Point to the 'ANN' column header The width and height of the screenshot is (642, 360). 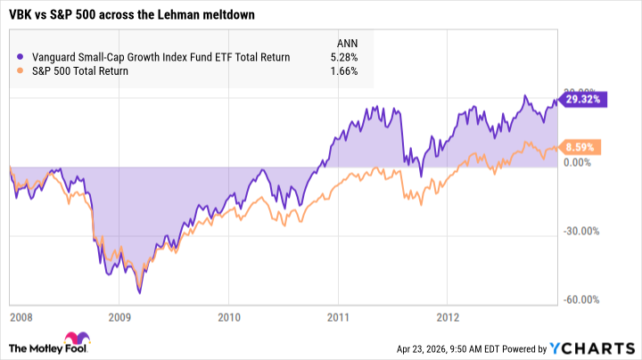pyautogui.click(x=345, y=42)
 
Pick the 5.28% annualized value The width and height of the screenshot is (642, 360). pyautogui.click(x=343, y=58)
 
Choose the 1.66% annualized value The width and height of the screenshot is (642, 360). pyautogui.click(x=343, y=71)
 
